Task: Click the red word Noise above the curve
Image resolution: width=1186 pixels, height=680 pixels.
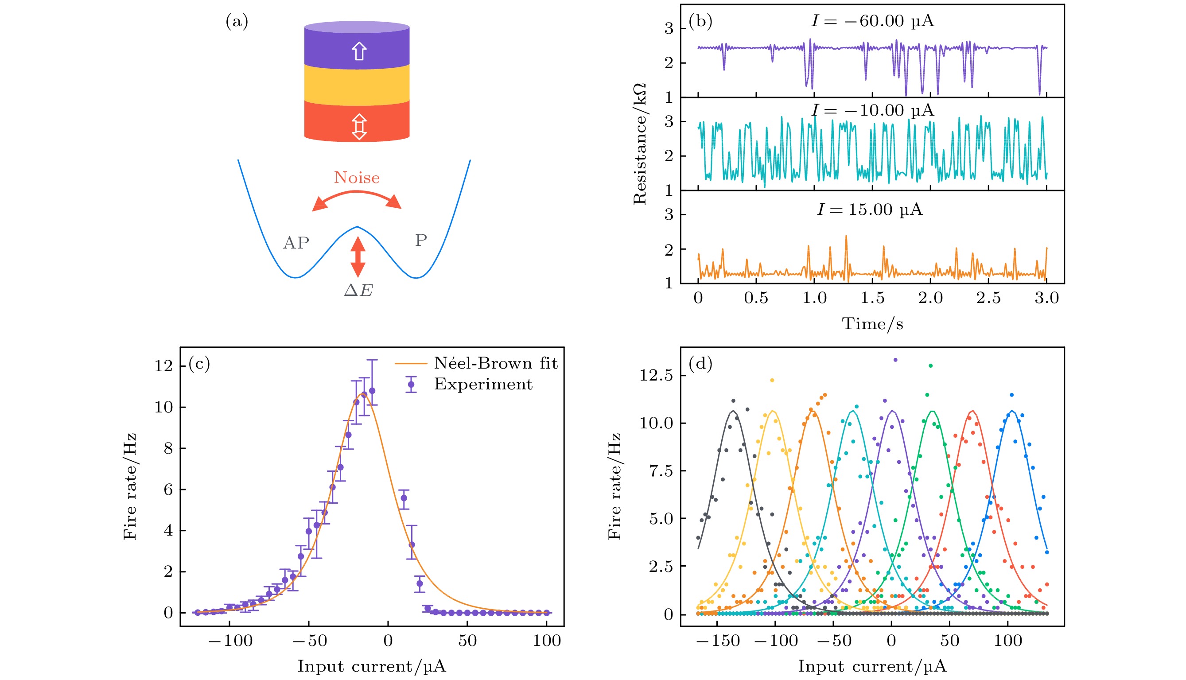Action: [357, 178]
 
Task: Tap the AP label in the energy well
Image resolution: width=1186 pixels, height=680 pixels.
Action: [296, 243]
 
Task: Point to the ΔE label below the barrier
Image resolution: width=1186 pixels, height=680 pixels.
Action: [358, 291]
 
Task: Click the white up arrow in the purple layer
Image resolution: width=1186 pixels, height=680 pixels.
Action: [358, 51]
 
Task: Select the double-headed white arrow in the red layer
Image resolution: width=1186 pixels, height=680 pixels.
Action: [358, 127]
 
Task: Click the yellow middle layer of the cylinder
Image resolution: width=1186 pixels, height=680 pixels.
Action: [357, 84]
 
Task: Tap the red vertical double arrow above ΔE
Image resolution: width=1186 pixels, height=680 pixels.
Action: [358, 256]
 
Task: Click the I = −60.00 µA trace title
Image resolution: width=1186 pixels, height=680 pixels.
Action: [873, 21]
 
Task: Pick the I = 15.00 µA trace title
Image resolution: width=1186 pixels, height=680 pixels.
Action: [870, 209]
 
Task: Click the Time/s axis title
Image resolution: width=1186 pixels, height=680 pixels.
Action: [872, 324]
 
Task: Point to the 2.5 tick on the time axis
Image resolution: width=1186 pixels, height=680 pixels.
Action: [988, 298]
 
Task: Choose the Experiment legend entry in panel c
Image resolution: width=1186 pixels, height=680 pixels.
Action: [483, 384]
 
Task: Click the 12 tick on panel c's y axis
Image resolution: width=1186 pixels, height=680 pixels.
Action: [163, 365]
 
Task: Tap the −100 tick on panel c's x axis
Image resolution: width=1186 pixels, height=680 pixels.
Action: [231, 640]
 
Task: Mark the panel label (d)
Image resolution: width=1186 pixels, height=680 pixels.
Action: [700, 363]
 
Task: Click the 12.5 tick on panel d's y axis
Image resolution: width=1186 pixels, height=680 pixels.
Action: [656, 375]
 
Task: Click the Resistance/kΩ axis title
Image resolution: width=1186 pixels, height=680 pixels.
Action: [640, 144]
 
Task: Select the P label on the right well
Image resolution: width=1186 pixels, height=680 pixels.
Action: [421, 241]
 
